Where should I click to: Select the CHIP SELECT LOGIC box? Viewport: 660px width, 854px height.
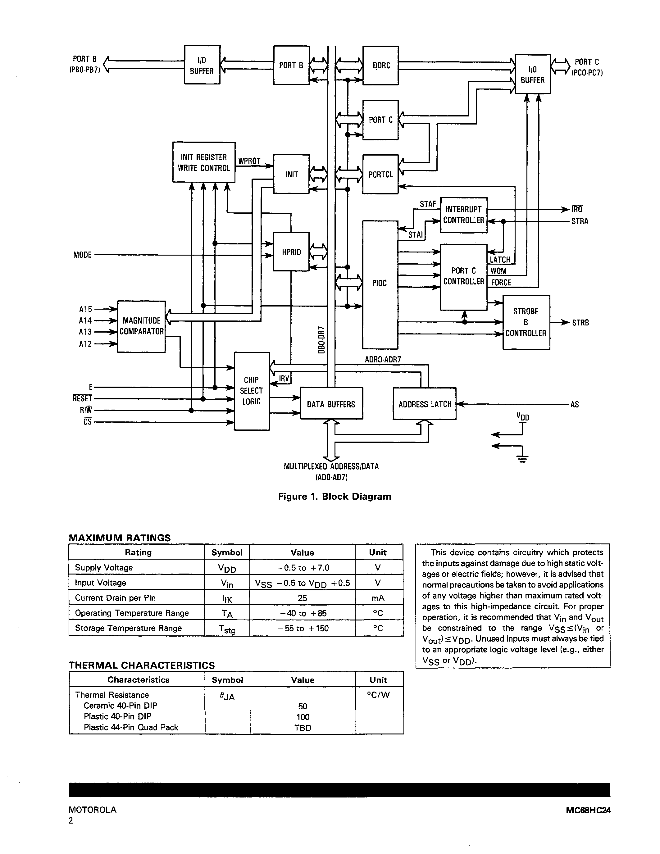tap(251, 391)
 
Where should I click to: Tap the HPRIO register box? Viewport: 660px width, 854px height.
tap(291, 252)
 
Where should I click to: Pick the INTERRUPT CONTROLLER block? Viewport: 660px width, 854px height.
tap(463, 215)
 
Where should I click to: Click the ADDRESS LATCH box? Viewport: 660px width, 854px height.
tap(425, 404)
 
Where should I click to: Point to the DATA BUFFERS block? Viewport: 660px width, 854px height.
tap(331, 404)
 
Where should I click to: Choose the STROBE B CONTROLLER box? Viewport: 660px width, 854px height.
tap(526, 322)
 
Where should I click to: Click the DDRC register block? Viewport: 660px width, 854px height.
tap(380, 65)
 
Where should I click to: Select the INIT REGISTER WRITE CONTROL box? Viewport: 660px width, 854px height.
tap(204, 162)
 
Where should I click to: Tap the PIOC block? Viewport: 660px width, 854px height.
tap(380, 283)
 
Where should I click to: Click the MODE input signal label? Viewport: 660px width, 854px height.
tap(82, 255)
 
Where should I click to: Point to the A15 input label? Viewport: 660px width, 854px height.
tap(85, 309)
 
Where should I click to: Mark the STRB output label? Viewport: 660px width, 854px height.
tap(580, 323)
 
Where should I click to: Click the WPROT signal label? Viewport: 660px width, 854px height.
tap(249, 161)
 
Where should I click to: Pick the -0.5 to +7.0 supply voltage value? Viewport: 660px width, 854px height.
tap(302, 567)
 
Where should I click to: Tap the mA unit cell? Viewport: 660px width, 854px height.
tap(378, 598)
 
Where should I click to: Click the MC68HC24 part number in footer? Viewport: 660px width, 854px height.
tap(588, 810)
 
